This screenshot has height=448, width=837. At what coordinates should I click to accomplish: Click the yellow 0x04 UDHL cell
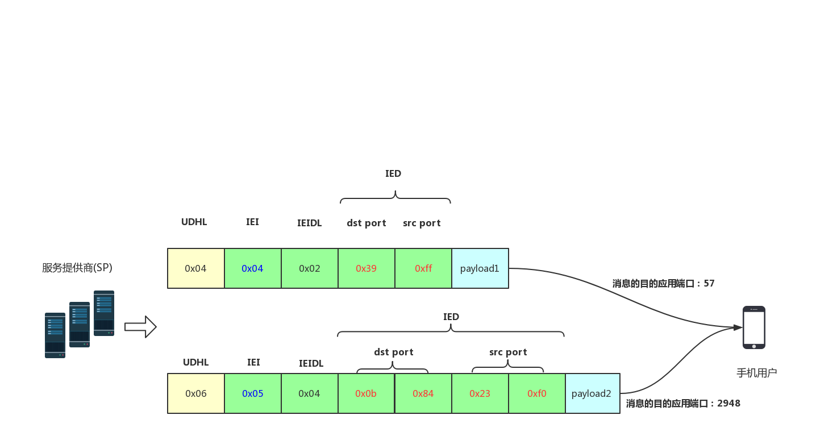(196, 268)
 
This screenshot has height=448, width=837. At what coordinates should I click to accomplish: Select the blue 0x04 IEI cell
(253, 268)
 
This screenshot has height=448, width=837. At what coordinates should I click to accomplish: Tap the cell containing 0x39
(366, 268)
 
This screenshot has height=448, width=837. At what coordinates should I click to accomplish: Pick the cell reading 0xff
(423, 268)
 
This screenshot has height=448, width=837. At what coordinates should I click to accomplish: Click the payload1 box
(480, 268)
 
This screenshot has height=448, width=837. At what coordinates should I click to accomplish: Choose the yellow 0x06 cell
(196, 393)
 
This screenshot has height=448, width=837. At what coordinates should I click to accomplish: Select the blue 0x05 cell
(253, 393)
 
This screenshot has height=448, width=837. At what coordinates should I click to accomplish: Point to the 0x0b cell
(366, 393)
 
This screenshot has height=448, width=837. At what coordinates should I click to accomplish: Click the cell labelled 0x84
(423, 393)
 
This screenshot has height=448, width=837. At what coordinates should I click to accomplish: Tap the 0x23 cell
(480, 393)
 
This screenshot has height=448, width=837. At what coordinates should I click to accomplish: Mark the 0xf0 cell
(537, 393)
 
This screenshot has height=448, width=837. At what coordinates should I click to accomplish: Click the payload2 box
(593, 393)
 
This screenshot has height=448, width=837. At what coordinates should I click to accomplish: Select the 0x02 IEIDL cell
(309, 268)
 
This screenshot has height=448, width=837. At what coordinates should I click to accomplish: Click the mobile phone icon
(753, 327)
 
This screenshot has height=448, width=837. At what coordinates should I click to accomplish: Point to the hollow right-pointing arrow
(140, 327)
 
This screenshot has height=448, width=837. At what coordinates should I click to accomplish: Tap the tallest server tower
(104, 313)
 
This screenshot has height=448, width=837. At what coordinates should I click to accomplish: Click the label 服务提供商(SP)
(77, 268)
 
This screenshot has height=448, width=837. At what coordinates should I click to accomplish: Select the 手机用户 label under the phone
(757, 373)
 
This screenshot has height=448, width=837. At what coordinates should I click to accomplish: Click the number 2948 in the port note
(728, 403)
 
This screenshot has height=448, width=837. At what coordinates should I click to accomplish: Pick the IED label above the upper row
(393, 173)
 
